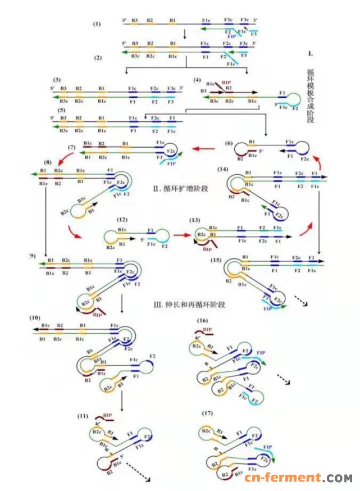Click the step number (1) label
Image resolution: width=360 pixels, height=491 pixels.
97,24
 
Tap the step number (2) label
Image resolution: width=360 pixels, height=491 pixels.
97,58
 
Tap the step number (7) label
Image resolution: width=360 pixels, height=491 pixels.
71,147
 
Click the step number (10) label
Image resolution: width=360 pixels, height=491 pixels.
39,318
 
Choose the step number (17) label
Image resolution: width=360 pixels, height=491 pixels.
208,415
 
